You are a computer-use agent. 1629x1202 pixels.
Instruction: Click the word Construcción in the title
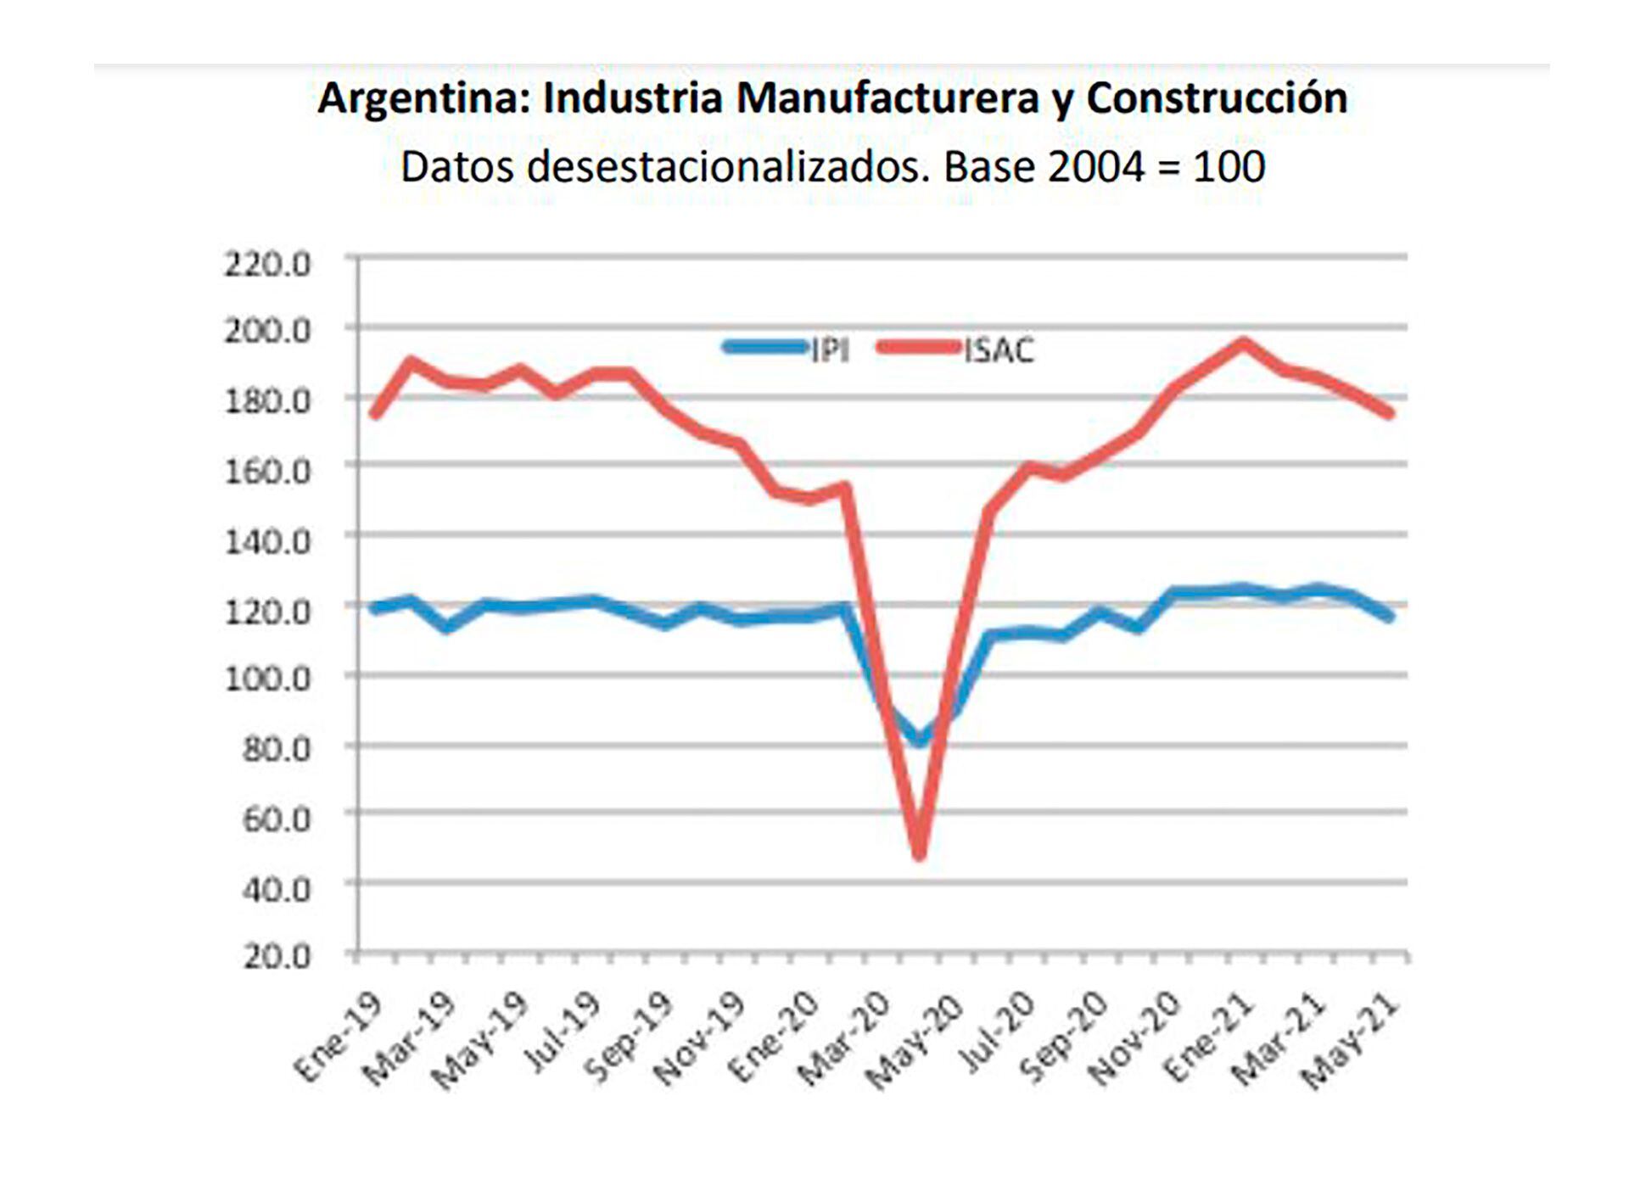coord(1217,98)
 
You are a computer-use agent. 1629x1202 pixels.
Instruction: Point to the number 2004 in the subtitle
coord(1096,167)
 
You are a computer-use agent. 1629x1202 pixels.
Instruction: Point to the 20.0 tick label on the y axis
coord(277,957)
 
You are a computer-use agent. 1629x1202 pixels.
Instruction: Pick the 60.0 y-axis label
coord(277,819)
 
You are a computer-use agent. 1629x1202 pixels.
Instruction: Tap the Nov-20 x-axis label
coord(1134,1041)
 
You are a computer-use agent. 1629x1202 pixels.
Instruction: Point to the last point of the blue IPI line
coord(1389,617)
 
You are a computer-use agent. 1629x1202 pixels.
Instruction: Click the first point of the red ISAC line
coord(374,414)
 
